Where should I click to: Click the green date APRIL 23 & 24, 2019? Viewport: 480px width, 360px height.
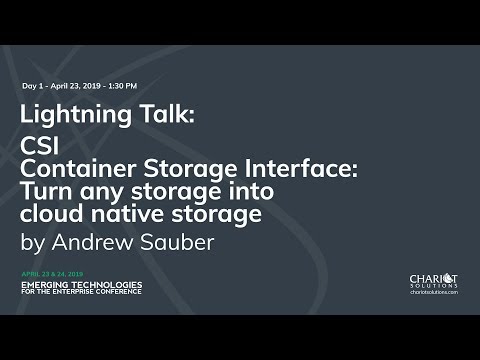coord(51,273)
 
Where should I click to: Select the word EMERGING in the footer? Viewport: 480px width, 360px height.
coord(46,284)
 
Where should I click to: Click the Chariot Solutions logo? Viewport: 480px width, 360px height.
coord(433,280)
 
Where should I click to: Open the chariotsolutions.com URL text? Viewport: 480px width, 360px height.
coord(434,292)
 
